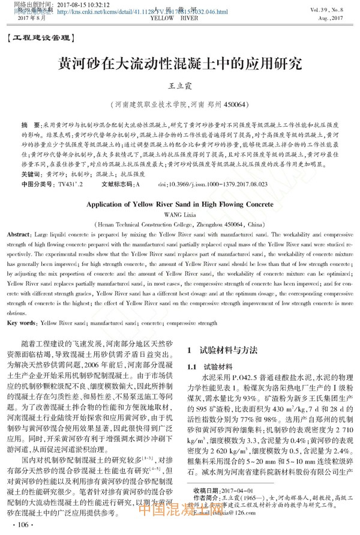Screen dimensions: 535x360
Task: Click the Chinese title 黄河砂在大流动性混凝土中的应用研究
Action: point(179,64)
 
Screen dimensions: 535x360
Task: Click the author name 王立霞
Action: point(179,87)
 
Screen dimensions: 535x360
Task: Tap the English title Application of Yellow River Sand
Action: point(179,204)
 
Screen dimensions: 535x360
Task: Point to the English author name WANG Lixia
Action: point(179,214)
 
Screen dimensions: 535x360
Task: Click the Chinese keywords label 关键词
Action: point(31,173)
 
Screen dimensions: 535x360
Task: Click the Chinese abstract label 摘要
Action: point(27,124)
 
